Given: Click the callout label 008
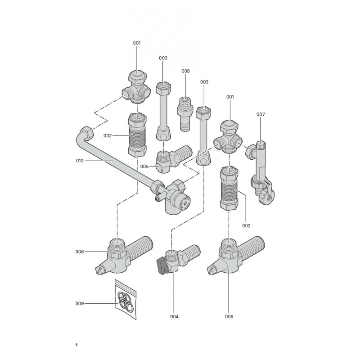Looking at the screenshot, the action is [185, 71].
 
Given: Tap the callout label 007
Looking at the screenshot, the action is [261, 114].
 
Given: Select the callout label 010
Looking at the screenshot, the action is [80, 161].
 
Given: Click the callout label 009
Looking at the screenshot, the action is [80, 303].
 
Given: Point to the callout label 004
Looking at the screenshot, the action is [174, 317].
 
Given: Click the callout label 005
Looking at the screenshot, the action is [144, 166].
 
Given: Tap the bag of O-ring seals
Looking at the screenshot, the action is [126, 299].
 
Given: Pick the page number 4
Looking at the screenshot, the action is [76, 345].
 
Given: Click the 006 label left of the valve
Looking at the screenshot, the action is [80, 252].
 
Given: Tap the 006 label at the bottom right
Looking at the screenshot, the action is [229, 317].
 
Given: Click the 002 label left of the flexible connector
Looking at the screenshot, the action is [108, 136].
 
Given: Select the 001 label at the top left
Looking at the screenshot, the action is [137, 43].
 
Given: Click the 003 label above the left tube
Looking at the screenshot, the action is [163, 58].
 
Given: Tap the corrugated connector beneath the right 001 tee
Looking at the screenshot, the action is [229, 188].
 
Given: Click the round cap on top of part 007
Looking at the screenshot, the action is [261, 144].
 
